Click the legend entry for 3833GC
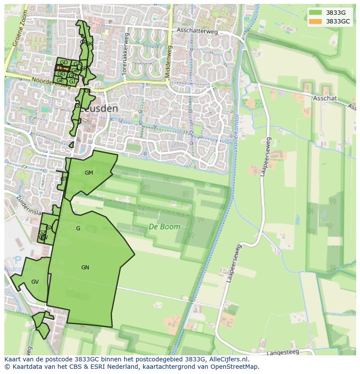pyautogui.click(x=338, y=21)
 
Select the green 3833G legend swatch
pyautogui.click(x=316, y=12)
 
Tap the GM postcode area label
pyautogui.click(x=89, y=173)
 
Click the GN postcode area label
pyautogui.click(x=85, y=268)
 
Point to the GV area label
pyautogui.click(x=35, y=282)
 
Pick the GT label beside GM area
pyautogui.click(x=64, y=179)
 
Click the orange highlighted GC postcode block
pyautogui.click(x=63, y=69)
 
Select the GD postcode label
pyautogui.click(x=63, y=63)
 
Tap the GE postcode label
pyautogui.click(x=60, y=80)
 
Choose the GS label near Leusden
pyautogui.click(x=78, y=106)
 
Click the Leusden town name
pyautogui.click(x=100, y=109)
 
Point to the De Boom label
pyautogui.click(x=164, y=226)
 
